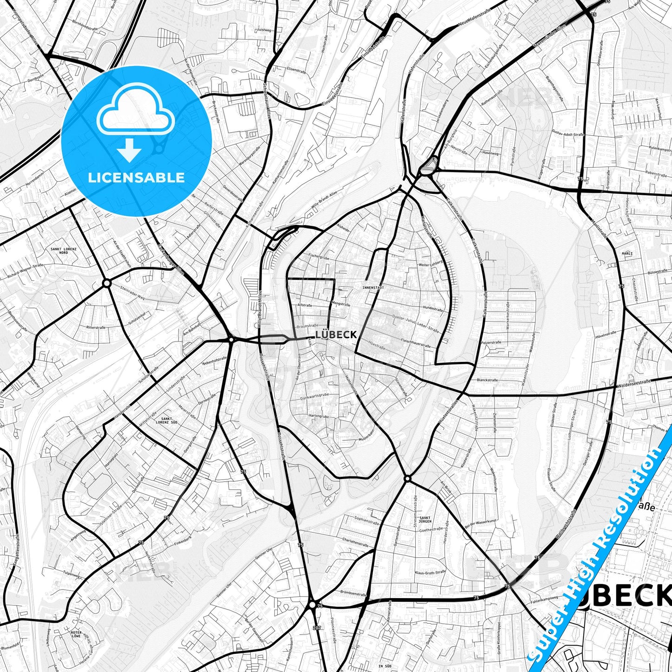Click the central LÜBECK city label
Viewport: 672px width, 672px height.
pos(336,335)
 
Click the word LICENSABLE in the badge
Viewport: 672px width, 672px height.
pos(136,178)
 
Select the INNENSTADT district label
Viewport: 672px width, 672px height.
pos(373,288)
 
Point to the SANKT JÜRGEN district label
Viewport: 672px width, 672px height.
pos(425,519)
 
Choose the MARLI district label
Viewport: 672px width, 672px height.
pos(627,253)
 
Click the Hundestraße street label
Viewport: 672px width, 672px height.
pos(432,308)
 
